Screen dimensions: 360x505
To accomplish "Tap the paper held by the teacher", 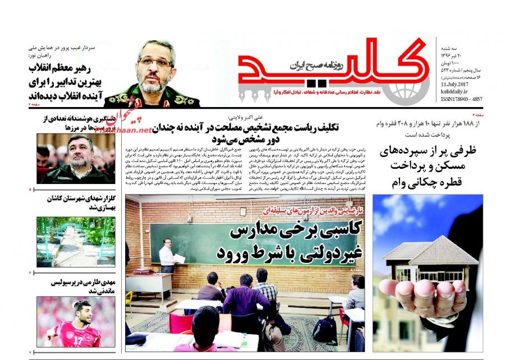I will (x=179, y=258).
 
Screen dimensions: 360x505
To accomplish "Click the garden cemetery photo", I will (x=76, y=242).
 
